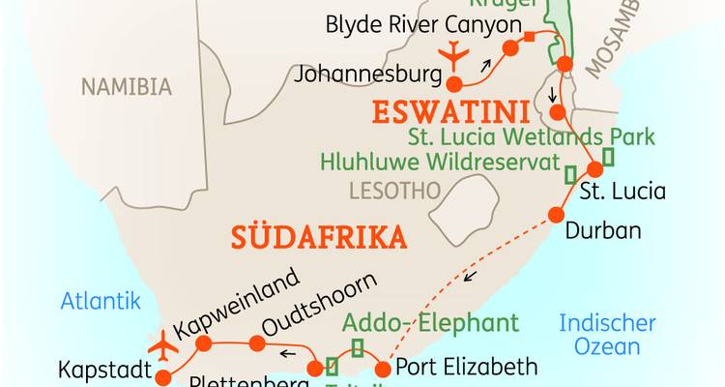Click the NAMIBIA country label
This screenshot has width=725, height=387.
(126, 87)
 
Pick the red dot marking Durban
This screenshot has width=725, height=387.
(556, 215)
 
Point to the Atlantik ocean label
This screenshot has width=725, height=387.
(101, 301)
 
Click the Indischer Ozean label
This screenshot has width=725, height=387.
(608, 335)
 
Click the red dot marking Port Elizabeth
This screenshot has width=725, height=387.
(383, 368)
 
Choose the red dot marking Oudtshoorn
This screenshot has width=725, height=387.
(256, 343)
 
